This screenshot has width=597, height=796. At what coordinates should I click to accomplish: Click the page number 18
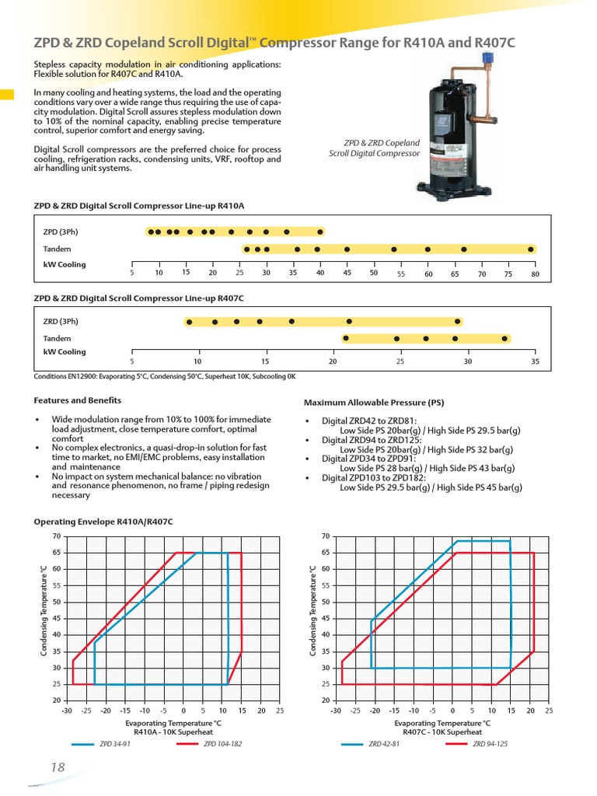click(x=57, y=767)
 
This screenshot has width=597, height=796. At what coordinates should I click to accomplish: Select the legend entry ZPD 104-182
click(x=223, y=744)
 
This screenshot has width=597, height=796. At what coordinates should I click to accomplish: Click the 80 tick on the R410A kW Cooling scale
click(x=535, y=274)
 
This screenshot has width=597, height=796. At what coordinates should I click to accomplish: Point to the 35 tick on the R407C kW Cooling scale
click(x=535, y=361)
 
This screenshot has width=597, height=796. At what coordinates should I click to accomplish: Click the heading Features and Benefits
click(x=78, y=400)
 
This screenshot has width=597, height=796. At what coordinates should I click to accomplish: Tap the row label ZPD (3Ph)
click(x=61, y=232)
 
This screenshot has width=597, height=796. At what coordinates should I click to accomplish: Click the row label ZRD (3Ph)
click(x=61, y=321)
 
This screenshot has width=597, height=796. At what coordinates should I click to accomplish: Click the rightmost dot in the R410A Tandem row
click(x=531, y=249)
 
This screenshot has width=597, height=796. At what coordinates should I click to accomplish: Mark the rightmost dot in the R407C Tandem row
click(x=504, y=338)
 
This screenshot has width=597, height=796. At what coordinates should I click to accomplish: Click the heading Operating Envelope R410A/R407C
click(x=103, y=521)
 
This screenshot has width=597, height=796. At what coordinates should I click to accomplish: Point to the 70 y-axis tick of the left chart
click(x=56, y=536)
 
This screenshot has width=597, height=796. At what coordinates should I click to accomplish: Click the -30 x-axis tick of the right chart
click(x=336, y=710)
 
